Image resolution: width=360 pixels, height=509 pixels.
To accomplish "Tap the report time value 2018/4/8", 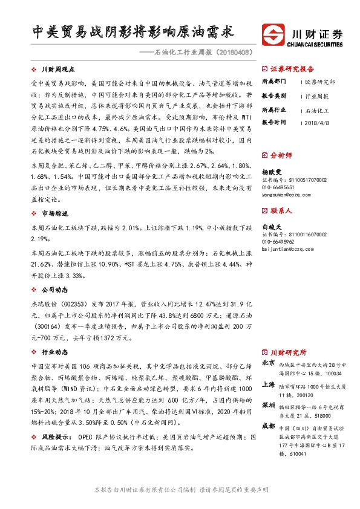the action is click(x=317, y=122).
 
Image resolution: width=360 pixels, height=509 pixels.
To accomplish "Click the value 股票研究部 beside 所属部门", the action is click(x=320, y=81).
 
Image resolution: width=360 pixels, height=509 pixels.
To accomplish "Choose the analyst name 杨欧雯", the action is click(x=272, y=172).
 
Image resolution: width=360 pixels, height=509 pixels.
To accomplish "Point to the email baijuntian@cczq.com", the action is click(x=288, y=247).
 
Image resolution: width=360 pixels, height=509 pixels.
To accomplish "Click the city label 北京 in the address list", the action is click(x=268, y=363).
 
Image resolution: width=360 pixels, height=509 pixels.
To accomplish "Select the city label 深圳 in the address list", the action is click(x=268, y=405).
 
